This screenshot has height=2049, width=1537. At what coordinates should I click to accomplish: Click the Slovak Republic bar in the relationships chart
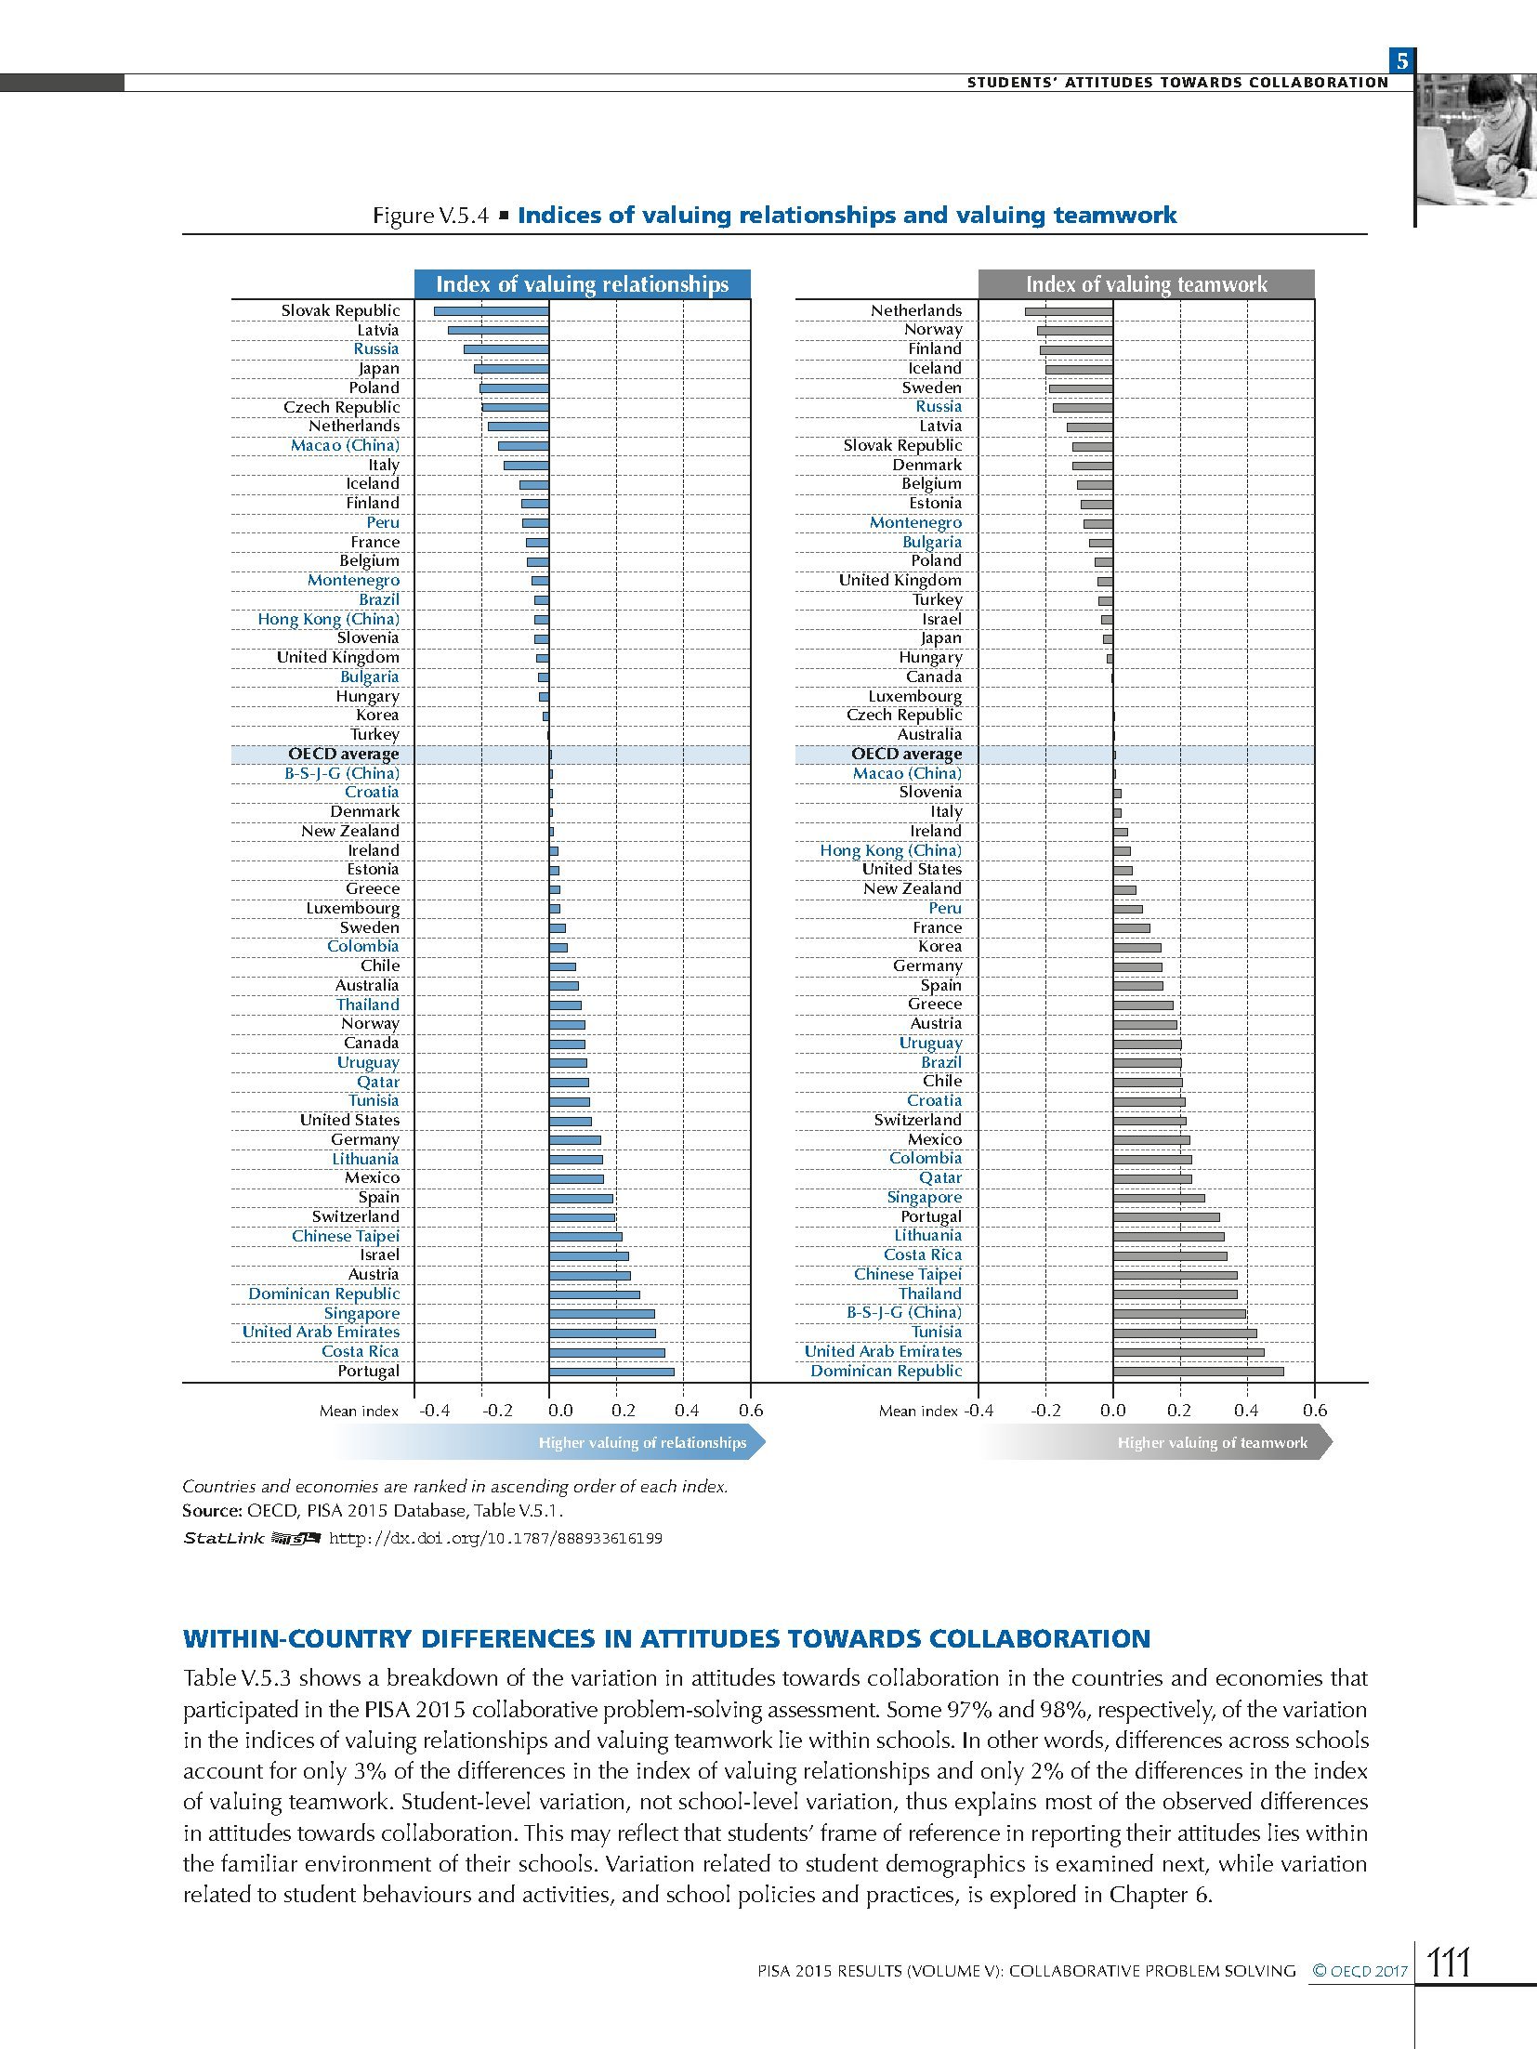(491, 311)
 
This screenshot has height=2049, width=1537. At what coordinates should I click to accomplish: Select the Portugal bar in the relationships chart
(611, 1372)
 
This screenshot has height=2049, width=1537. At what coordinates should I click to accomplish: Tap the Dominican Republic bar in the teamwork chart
(1198, 1372)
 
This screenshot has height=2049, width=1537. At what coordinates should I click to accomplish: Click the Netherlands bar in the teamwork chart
(1069, 311)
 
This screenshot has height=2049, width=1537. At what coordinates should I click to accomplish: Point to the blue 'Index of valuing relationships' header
(582, 284)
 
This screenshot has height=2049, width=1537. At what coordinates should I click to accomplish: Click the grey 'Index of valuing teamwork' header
(1146, 284)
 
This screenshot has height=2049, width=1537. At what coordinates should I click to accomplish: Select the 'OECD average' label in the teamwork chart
(906, 755)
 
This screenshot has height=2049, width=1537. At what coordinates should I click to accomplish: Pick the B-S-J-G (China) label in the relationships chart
(342, 773)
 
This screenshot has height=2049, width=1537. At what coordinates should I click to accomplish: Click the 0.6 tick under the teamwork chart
(1314, 1411)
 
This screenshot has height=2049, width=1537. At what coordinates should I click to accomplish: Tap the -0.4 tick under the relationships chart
(434, 1411)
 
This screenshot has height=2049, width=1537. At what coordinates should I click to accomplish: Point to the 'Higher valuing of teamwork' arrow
(1212, 1443)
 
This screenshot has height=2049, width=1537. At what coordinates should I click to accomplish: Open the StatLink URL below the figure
(495, 1539)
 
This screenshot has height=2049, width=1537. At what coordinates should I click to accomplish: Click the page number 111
(1449, 1964)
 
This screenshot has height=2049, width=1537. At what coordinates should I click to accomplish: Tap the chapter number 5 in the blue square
(1402, 62)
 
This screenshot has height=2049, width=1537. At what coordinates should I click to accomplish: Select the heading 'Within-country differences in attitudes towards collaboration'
(666, 1638)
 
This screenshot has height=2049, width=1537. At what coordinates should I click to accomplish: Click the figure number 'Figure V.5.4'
(430, 216)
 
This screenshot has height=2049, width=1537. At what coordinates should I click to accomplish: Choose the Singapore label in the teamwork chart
(924, 1197)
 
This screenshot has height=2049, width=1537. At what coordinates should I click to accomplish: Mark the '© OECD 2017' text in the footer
(1360, 1970)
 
